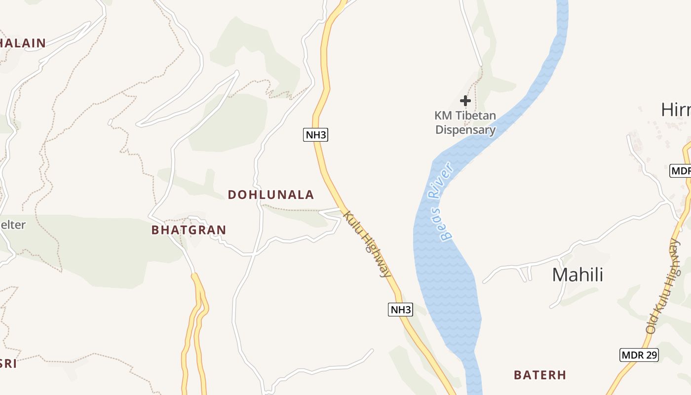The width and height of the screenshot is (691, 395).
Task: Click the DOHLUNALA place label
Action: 270,195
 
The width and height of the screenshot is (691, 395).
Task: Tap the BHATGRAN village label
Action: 189,230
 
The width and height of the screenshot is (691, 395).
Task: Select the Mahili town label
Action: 577,275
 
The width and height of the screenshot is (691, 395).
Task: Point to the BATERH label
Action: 540,375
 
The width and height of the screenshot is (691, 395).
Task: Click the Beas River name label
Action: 441,201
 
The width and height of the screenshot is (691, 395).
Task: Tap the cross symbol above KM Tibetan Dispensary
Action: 465,101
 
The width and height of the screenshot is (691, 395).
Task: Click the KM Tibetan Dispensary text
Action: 465,123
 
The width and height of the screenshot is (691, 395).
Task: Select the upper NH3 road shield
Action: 315,135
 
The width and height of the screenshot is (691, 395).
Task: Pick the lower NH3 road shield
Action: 400,310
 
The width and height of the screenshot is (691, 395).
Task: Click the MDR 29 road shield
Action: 639,355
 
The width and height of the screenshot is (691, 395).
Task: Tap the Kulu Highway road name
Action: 367,244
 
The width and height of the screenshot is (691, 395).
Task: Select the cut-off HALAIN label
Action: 23,43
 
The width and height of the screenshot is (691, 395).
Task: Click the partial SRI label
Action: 8,364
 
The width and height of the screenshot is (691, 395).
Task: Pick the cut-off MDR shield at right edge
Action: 680,171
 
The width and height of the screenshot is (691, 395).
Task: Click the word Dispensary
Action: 465,130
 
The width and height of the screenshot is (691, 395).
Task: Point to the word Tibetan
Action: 472,116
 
